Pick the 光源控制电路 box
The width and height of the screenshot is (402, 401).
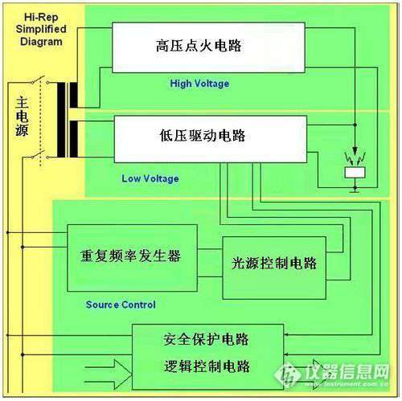click(x=274, y=268)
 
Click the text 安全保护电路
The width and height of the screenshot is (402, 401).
click(x=206, y=339)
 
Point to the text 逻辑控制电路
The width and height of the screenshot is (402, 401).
click(x=207, y=366)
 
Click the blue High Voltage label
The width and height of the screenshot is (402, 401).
click(x=199, y=84)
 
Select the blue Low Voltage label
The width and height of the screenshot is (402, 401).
click(x=150, y=178)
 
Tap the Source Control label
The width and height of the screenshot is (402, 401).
click(x=121, y=305)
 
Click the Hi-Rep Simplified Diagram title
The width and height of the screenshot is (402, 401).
click(x=41, y=30)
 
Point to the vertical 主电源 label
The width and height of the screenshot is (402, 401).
click(x=22, y=117)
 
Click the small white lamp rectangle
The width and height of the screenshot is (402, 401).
click(x=355, y=173)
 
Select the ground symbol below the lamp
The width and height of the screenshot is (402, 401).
click(x=355, y=190)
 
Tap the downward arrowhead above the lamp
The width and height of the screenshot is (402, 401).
click(x=355, y=149)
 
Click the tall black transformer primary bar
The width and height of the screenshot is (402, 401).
click(x=61, y=120)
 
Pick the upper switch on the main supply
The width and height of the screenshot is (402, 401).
click(x=39, y=80)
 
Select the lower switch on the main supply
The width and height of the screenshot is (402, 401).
click(x=39, y=155)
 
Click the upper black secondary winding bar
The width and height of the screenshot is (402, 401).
click(x=74, y=95)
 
